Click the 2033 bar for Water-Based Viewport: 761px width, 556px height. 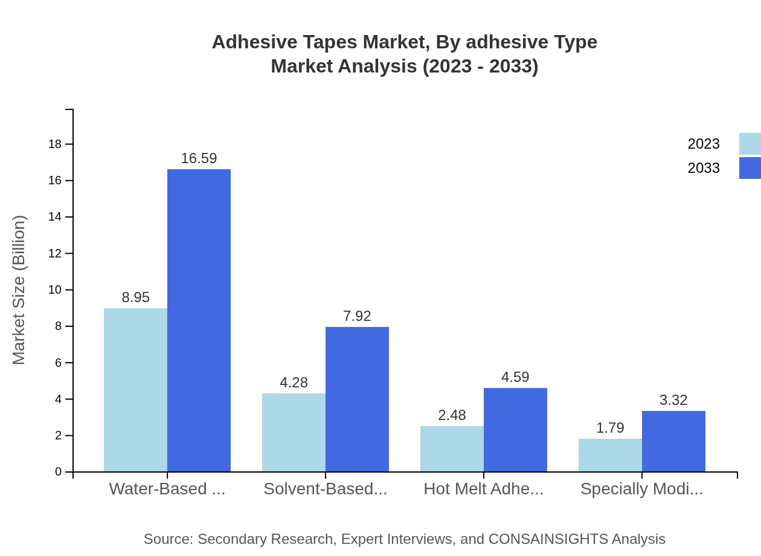(199, 320)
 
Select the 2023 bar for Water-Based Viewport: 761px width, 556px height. (135, 390)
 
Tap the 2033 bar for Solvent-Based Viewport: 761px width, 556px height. (357, 399)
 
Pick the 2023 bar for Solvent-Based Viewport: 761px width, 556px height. (294, 432)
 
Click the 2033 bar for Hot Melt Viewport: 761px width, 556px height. (515, 430)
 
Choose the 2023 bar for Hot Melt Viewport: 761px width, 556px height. (452, 448)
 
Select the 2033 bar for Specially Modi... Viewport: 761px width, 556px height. (673, 441)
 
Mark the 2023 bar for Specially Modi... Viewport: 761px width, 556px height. (610, 455)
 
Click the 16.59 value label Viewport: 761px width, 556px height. (199, 158)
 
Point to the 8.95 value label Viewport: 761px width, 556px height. (135, 297)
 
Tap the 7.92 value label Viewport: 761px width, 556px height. (357, 316)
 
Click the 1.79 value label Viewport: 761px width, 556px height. (610, 428)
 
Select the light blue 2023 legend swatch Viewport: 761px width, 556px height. (750, 144)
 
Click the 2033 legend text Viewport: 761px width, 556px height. (704, 168)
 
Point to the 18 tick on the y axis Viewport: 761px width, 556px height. (55, 144)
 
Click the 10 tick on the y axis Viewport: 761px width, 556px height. (55, 290)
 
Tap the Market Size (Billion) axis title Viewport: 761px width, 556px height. (19, 290)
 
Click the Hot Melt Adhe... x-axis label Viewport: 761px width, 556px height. (483, 489)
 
